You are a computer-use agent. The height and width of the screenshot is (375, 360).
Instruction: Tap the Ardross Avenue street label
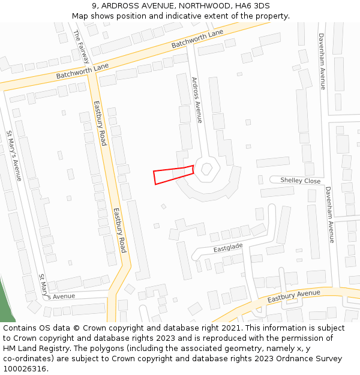point(197,100)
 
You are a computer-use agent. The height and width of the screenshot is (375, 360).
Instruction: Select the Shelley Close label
point(301,181)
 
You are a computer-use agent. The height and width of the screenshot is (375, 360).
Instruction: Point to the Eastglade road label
point(228,247)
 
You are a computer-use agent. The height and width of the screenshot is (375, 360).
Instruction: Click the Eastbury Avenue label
point(294,295)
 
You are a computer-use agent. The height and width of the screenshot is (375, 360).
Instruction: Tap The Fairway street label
point(82,46)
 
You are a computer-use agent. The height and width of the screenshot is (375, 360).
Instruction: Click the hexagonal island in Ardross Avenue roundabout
point(207,169)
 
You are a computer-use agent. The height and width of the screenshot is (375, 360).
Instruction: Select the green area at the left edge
point(5,303)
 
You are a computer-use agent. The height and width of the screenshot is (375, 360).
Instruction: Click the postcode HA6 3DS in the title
point(251,6)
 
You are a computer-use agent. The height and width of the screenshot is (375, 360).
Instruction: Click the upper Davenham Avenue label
point(322,61)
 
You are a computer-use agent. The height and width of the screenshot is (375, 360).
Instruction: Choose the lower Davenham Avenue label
point(329,214)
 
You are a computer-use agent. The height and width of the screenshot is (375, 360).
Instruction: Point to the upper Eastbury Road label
point(100,123)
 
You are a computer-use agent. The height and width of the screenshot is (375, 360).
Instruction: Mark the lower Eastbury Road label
point(120,230)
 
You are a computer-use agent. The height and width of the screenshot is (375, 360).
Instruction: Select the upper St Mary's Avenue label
point(14,155)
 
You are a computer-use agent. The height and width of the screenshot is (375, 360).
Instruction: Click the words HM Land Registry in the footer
point(33,348)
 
